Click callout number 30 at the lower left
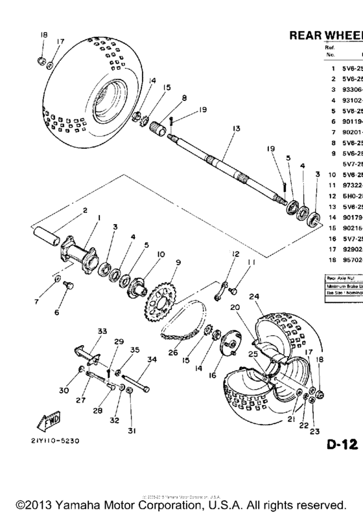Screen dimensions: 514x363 tap(63, 391)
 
